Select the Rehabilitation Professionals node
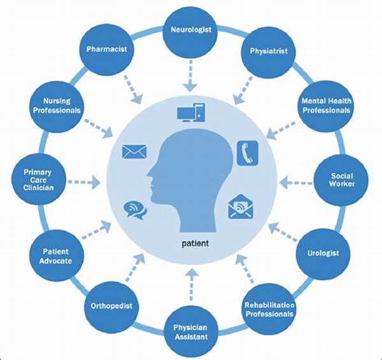[x=269, y=308]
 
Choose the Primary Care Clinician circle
[x=40, y=180]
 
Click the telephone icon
[x=246, y=153]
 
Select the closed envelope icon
[x=134, y=152]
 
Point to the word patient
[x=192, y=243]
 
